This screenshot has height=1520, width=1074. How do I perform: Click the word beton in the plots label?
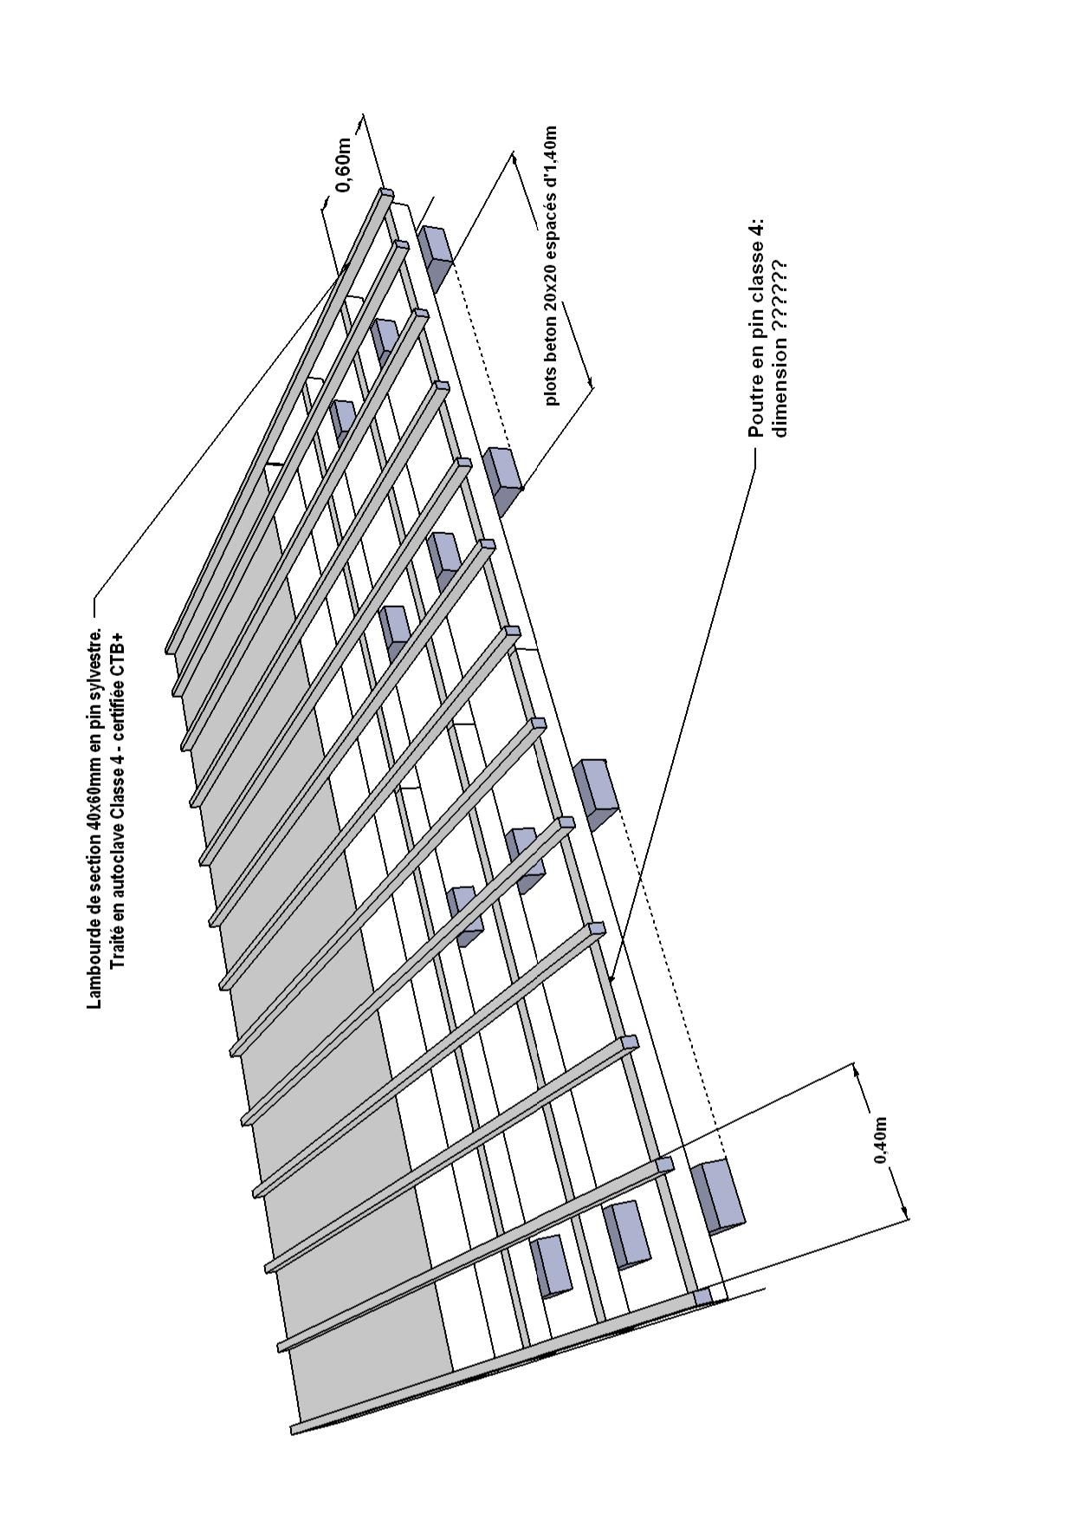click(551, 339)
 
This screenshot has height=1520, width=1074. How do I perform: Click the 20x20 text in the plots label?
click(551, 289)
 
